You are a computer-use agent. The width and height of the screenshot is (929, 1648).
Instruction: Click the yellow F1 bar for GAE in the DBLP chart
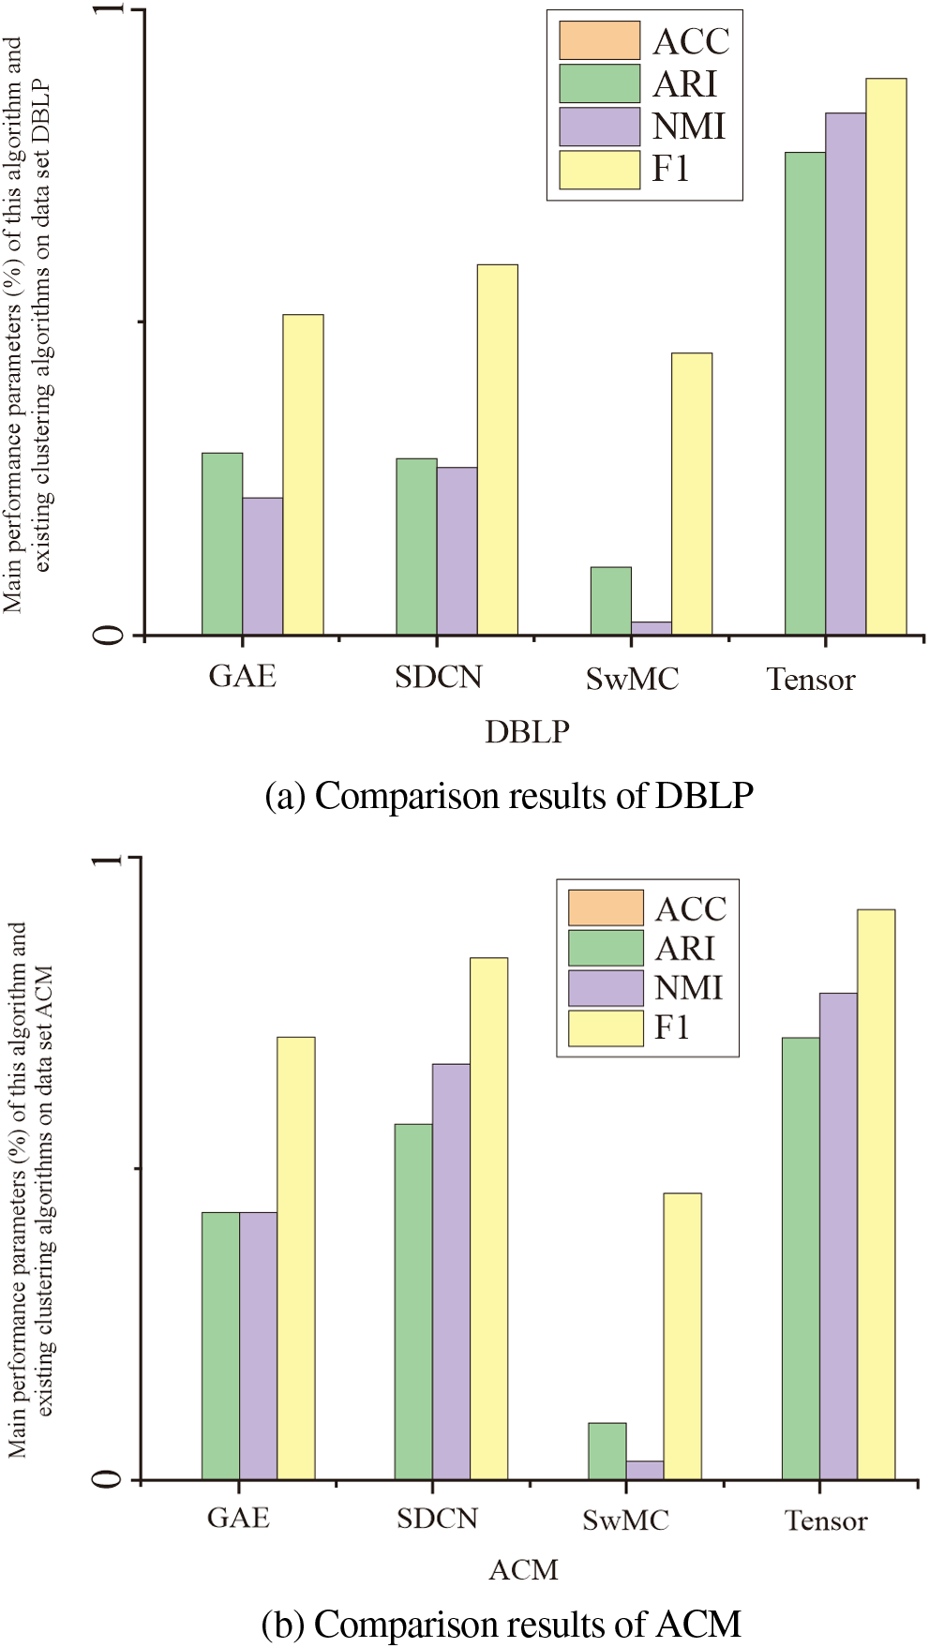click(x=303, y=475)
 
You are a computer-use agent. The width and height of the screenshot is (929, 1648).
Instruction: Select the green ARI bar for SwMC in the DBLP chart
click(x=610, y=601)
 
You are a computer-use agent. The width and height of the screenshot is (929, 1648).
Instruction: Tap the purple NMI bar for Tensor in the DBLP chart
click(x=845, y=374)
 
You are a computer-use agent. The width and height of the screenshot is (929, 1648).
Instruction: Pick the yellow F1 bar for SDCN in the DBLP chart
click(x=497, y=450)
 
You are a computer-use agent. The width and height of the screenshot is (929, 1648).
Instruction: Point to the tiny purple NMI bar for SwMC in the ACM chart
click(x=644, y=1470)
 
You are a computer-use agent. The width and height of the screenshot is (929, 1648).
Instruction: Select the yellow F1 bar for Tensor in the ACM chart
click(x=876, y=1194)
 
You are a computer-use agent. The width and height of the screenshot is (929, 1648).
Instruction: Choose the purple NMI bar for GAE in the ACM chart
click(x=258, y=1346)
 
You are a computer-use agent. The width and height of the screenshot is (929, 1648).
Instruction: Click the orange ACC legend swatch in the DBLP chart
click(x=599, y=40)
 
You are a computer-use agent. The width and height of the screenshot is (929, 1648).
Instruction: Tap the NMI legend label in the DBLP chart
click(x=689, y=127)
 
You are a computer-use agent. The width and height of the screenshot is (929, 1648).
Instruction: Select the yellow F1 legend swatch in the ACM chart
click(x=606, y=1028)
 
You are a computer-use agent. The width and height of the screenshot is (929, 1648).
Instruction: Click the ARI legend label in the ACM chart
click(x=685, y=949)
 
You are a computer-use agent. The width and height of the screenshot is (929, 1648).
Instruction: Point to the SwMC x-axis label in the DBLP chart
click(x=632, y=679)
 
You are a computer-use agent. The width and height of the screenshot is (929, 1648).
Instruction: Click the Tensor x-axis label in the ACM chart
click(x=825, y=1521)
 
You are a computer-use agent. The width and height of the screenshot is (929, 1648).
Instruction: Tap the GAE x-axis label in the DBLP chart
click(x=242, y=676)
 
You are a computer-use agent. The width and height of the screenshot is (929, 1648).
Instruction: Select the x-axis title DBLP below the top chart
click(x=527, y=731)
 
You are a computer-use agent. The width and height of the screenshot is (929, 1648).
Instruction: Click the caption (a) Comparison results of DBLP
click(x=509, y=796)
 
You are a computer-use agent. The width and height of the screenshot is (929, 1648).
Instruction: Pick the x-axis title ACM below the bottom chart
click(x=523, y=1569)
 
